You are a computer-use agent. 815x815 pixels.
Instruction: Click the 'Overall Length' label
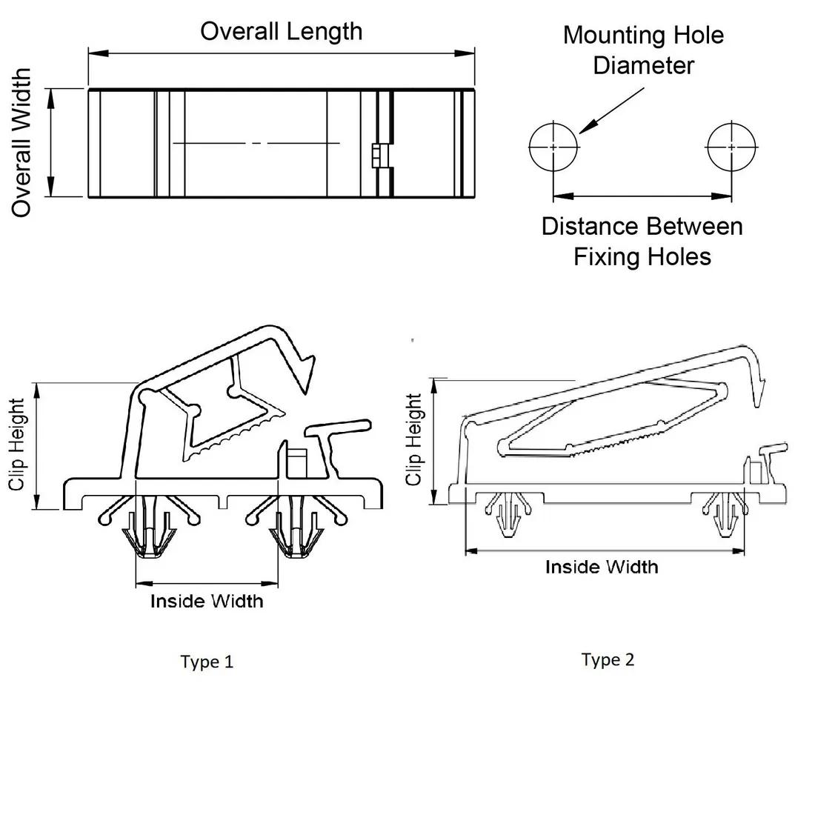coord(282,31)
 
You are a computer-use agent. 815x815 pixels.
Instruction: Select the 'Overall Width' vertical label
coord(22,142)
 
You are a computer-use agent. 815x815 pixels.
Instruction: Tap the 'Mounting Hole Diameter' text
coord(643,50)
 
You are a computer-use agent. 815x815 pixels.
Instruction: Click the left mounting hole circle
coord(553,147)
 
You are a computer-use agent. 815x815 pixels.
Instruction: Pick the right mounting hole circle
coord(732,147)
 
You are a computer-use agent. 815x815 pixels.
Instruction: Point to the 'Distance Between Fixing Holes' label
coord(642,241)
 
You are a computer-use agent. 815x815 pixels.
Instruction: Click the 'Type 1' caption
coord(207,662)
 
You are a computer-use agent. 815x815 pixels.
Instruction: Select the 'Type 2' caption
coord(608,659)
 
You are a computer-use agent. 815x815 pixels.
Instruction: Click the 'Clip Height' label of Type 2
coord(414,439)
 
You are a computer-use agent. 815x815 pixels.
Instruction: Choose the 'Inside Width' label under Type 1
coord(207,600)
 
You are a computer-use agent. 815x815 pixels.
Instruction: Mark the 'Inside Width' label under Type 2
coord(602,567)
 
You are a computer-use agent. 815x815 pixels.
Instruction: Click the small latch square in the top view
coord(376,156)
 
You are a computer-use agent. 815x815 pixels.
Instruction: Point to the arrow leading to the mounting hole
coord(611,111)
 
